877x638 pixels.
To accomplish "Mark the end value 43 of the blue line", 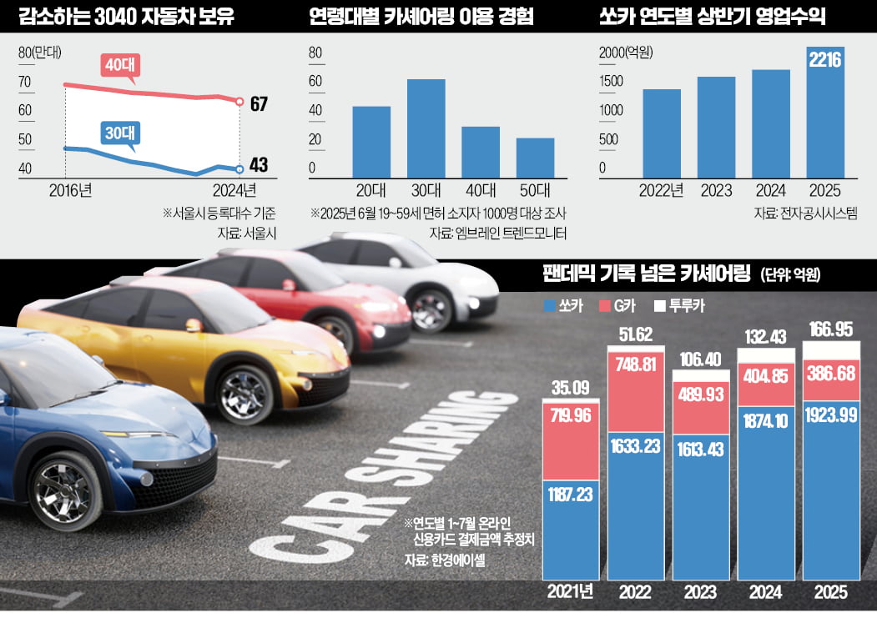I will click(x=259, y=167).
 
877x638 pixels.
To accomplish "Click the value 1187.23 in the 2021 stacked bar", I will click(x=571, y=494).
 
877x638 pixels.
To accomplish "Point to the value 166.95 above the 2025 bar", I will click(x=830, y=330).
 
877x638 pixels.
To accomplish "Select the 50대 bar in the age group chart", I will click(x=535, y=157).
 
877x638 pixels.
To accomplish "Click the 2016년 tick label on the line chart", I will click(x=70, y=188).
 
